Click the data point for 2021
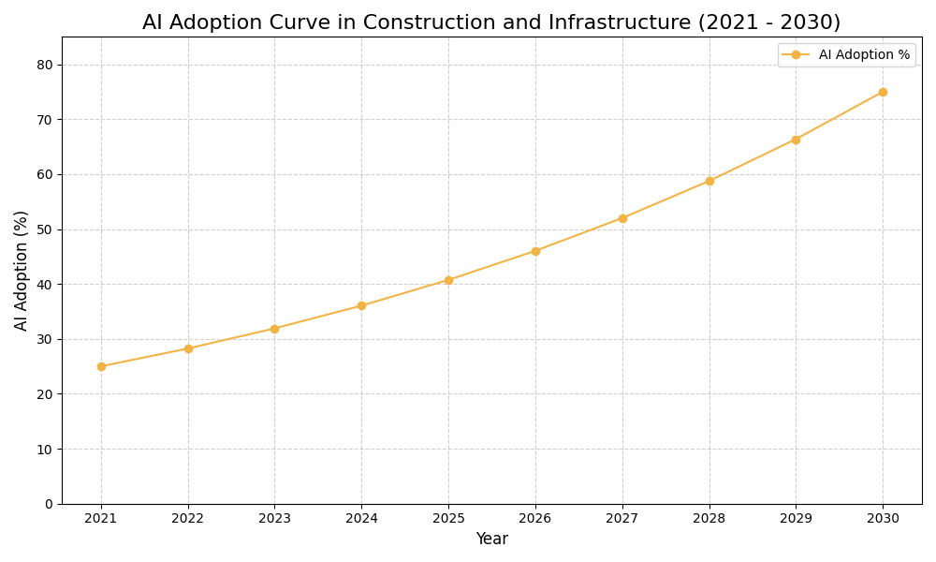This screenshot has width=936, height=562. coord(101,366)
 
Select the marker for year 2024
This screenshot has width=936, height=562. coord(361,305)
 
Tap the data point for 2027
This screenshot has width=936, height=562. coord(622,218)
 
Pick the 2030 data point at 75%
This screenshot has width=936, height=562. coord(883,92)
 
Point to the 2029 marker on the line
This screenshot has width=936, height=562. coord(796,140)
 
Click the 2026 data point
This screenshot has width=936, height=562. coord(535,251)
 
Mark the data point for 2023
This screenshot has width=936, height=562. coord(274,329)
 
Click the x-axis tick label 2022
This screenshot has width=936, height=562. coord(188,519)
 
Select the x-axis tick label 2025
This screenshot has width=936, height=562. coord(448,519)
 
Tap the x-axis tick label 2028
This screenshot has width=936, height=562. coord(709,519)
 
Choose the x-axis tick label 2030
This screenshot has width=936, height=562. coord(883,519)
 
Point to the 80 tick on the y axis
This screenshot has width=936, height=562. coord(45,65)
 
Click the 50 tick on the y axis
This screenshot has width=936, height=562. coord(45,229)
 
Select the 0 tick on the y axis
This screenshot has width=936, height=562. coord(49,504)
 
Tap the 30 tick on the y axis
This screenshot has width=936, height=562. coord(45,339)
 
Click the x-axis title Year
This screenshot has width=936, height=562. coord(491,540)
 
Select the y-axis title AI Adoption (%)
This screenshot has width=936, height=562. coord(22,270)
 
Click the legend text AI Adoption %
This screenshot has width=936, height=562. coord(864,55)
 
